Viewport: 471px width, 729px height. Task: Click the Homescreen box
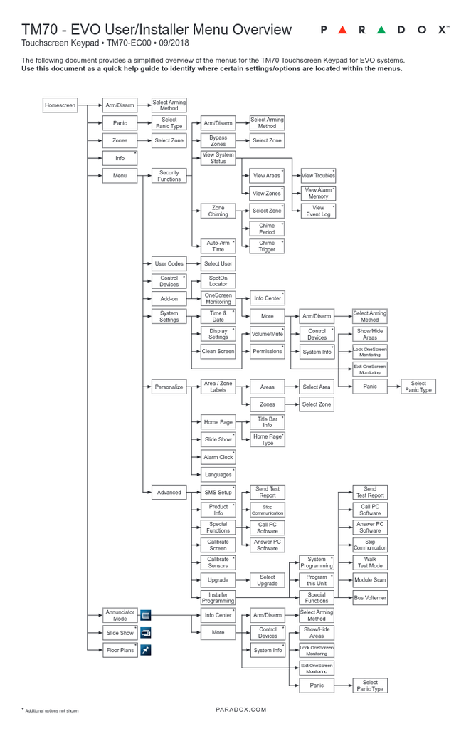coord(60,105)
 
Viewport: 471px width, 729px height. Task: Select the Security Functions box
coord(169,176)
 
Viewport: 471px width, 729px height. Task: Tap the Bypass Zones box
coord(218,141)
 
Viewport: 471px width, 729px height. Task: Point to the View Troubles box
coord(318,175)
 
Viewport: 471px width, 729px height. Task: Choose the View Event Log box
coord(318,211)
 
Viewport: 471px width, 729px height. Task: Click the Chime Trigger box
coord(267,246)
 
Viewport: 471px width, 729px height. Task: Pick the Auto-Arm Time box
coord(218,246)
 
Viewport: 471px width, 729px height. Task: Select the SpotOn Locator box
coord(218,281)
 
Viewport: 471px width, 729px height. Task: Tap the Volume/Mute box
coord(267,334)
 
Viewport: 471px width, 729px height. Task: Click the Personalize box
coord(169,387)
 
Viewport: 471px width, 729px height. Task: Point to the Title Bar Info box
coord(267,422)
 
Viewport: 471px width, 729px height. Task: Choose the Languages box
coord(218,475)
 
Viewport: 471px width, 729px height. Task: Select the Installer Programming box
coord(218,598)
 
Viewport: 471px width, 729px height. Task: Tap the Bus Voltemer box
coord(370,598)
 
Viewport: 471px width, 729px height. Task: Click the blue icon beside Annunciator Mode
coord(145,615)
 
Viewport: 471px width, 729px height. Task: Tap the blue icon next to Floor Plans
coord(145,650)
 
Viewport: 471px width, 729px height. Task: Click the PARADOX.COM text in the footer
coord(240,710)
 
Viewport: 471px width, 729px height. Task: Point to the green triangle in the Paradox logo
coord(381,30)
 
